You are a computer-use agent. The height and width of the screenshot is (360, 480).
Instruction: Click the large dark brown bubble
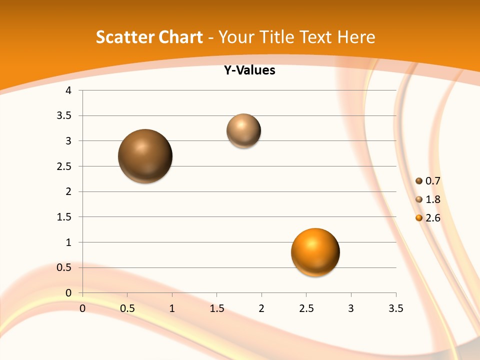click(145, 156)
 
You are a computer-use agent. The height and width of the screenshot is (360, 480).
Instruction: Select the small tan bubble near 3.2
click(244, 130)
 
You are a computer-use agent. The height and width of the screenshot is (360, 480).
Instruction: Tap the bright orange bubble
click(315, 252)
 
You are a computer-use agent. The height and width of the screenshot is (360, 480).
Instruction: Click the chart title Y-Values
click(249, 70)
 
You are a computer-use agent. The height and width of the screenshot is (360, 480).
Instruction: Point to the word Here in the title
click(356, 37)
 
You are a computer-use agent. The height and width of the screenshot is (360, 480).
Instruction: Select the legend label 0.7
click(432, 181)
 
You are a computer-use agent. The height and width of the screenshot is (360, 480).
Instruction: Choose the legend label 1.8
click(432, 199)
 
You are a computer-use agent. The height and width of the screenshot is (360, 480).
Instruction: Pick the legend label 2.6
click(432, 218)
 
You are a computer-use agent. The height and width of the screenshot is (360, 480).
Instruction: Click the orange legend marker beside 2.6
click(419, 218)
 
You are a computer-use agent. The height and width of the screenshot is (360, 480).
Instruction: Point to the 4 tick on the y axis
click(68, 90)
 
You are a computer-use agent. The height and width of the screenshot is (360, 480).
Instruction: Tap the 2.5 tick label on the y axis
click(64, 166)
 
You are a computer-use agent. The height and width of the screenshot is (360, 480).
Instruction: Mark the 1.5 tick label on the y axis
click(64, 217)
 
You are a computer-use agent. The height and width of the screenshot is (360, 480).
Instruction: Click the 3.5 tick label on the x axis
click(395, 308)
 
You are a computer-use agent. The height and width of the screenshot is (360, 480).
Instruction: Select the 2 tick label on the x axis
click(261, 308)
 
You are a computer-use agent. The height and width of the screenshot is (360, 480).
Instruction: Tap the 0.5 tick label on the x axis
click(127, 308)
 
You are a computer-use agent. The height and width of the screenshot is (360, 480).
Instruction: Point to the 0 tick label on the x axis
click(82, 308)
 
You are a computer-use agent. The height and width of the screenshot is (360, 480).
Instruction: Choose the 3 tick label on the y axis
click(68, 141)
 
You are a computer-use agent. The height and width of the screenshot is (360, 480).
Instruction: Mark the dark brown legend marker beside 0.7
click(419, 181)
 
